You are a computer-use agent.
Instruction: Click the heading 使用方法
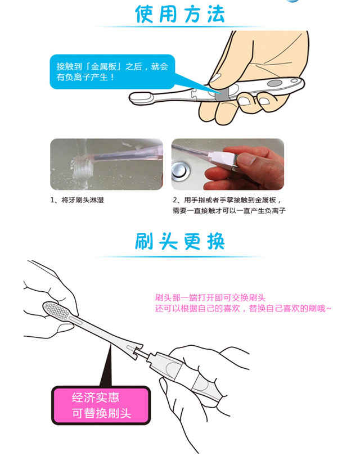coord(180,13)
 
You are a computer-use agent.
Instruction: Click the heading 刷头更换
coord(180,241)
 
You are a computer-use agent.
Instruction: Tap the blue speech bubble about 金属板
coord(112,71)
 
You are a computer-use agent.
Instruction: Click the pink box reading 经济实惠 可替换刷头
coord(101,405)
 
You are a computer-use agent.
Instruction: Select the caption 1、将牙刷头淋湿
coord(77,200)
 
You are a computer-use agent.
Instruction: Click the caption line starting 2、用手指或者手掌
coord(227,200)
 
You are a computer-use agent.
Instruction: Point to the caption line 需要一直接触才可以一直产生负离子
coord(229,210)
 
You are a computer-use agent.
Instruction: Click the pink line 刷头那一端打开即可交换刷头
coord(210,298)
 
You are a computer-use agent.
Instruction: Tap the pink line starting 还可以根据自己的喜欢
coord(243,308)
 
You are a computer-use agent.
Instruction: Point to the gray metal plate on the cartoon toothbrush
coord(223,95)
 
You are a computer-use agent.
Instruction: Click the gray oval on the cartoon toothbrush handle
coord(274,83)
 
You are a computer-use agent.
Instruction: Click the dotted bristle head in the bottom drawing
coord(57,311)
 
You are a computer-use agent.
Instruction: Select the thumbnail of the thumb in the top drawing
coord(215,78)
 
